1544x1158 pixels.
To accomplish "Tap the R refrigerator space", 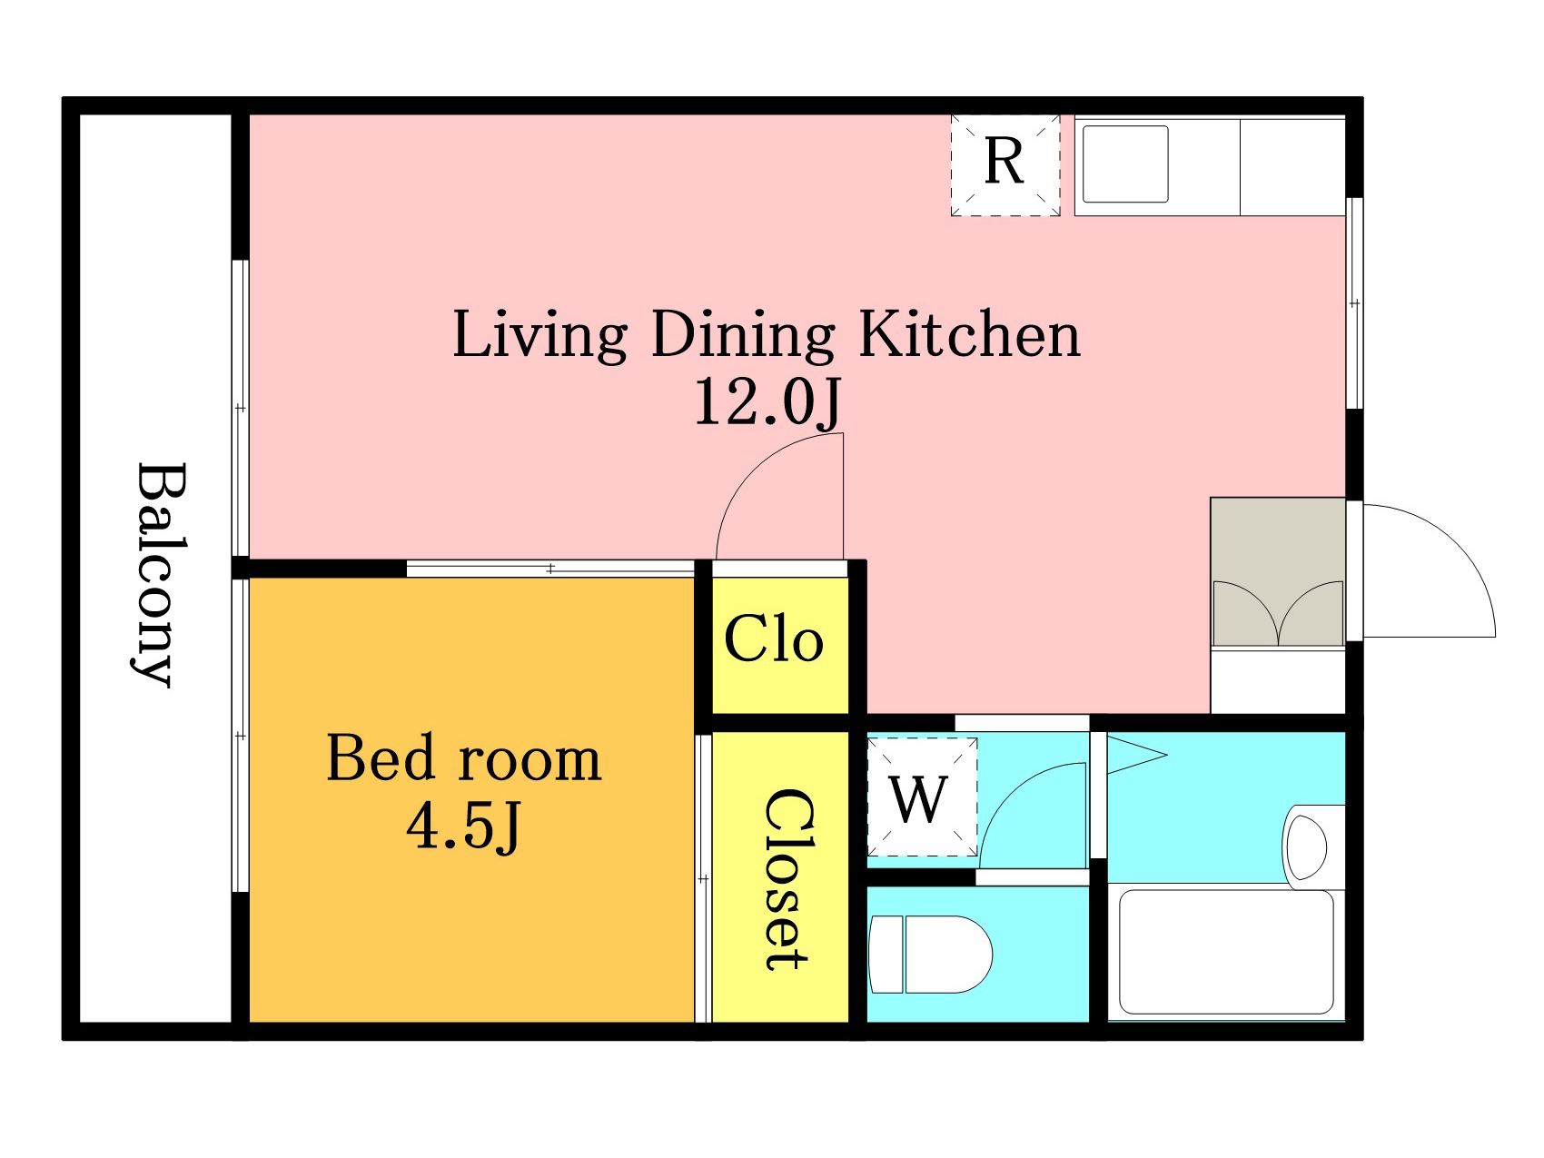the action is click(1005, 165).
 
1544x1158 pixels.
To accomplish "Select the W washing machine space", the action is click(922, 797).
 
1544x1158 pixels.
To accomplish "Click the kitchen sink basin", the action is click(1125, 164).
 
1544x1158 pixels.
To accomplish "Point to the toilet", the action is click(930, 955).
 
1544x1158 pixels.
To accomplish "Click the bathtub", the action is click(1226, 952).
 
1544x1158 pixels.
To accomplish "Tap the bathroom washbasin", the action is click(1306, 847).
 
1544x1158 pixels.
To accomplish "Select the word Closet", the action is click(787, 879).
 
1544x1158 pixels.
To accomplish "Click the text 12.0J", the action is click(768, 402).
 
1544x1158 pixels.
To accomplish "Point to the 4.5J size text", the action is click(463, 826).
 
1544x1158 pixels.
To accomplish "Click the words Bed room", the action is click(463, 757).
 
